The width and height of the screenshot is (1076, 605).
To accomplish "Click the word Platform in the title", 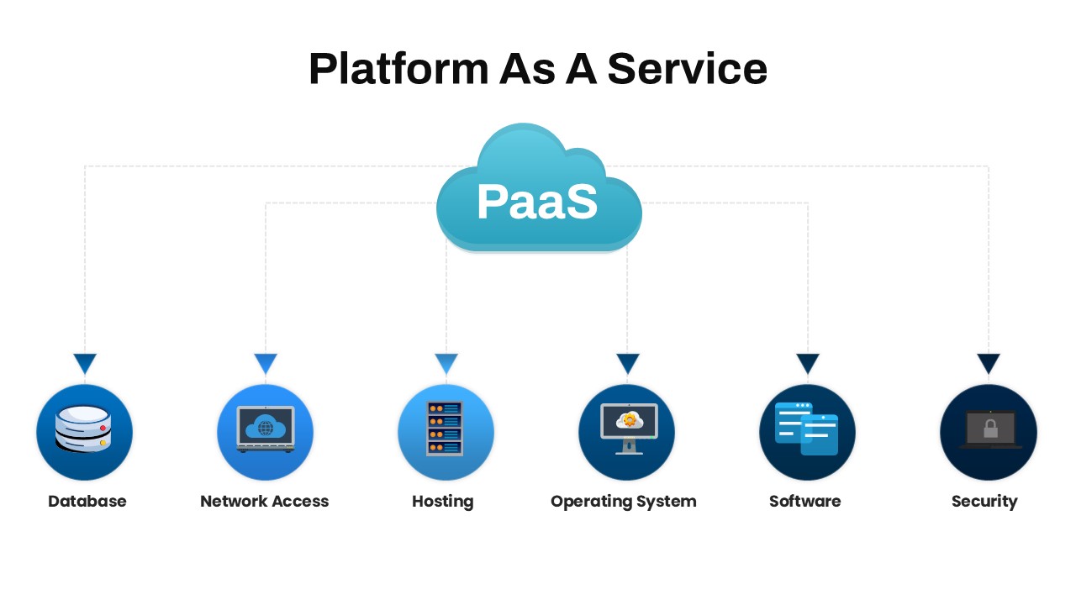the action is [x=398, y=69].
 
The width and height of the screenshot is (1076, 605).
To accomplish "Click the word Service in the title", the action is [x=688, y=69].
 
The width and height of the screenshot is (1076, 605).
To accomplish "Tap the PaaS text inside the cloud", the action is [x=537, y=202].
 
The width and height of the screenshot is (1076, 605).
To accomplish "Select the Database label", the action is [x=87, y=502].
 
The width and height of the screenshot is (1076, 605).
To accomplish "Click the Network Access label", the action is [x=264, y=502].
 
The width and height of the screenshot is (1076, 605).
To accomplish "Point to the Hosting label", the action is [x=443, y=502].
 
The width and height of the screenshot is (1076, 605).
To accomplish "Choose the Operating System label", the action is [x=624, y=502].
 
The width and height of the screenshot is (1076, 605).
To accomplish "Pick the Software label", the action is [x=805, y=502].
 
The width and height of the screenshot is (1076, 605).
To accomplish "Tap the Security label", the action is [x=984, y=502].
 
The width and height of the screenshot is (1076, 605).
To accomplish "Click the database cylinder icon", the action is [x=83, y=429].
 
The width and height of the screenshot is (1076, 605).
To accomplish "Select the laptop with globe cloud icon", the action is [x=266, y=429].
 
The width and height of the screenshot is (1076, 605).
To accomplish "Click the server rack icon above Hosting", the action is [x=445, y=429].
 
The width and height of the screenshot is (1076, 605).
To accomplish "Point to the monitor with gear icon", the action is [x=629, y=429].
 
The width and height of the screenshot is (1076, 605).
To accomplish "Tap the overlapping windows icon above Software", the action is [x=806, y=429].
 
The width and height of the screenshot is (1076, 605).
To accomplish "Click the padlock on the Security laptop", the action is [x=990, y=429].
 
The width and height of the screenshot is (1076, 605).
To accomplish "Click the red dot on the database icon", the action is [x=103, y=428].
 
